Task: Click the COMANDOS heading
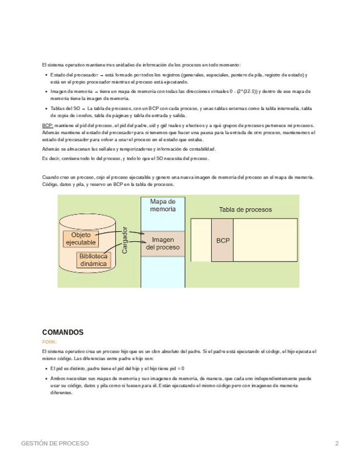[x=63, y=332]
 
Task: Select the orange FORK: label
[x=49, y=342]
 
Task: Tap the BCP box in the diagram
[x=223, y=241]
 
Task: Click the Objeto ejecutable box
[x=80, y=239]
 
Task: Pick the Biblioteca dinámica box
[x=94, y=260]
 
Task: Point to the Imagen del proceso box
[x=163, y=243]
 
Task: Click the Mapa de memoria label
[x=163, y=206]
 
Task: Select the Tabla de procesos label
[x=245, y=209]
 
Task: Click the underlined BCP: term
[x=47, y=126]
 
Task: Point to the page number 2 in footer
[x=337, y=443]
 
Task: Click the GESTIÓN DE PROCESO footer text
[x=54, y=443]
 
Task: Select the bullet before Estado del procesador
[x=45, y=75]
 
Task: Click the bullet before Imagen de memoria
[x=45, y=92]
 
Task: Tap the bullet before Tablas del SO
[x=45, y=109]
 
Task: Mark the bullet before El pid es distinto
[x=45, y=369]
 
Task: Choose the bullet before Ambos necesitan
[x=45, y=379]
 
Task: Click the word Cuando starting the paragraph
[x=50, y=177]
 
